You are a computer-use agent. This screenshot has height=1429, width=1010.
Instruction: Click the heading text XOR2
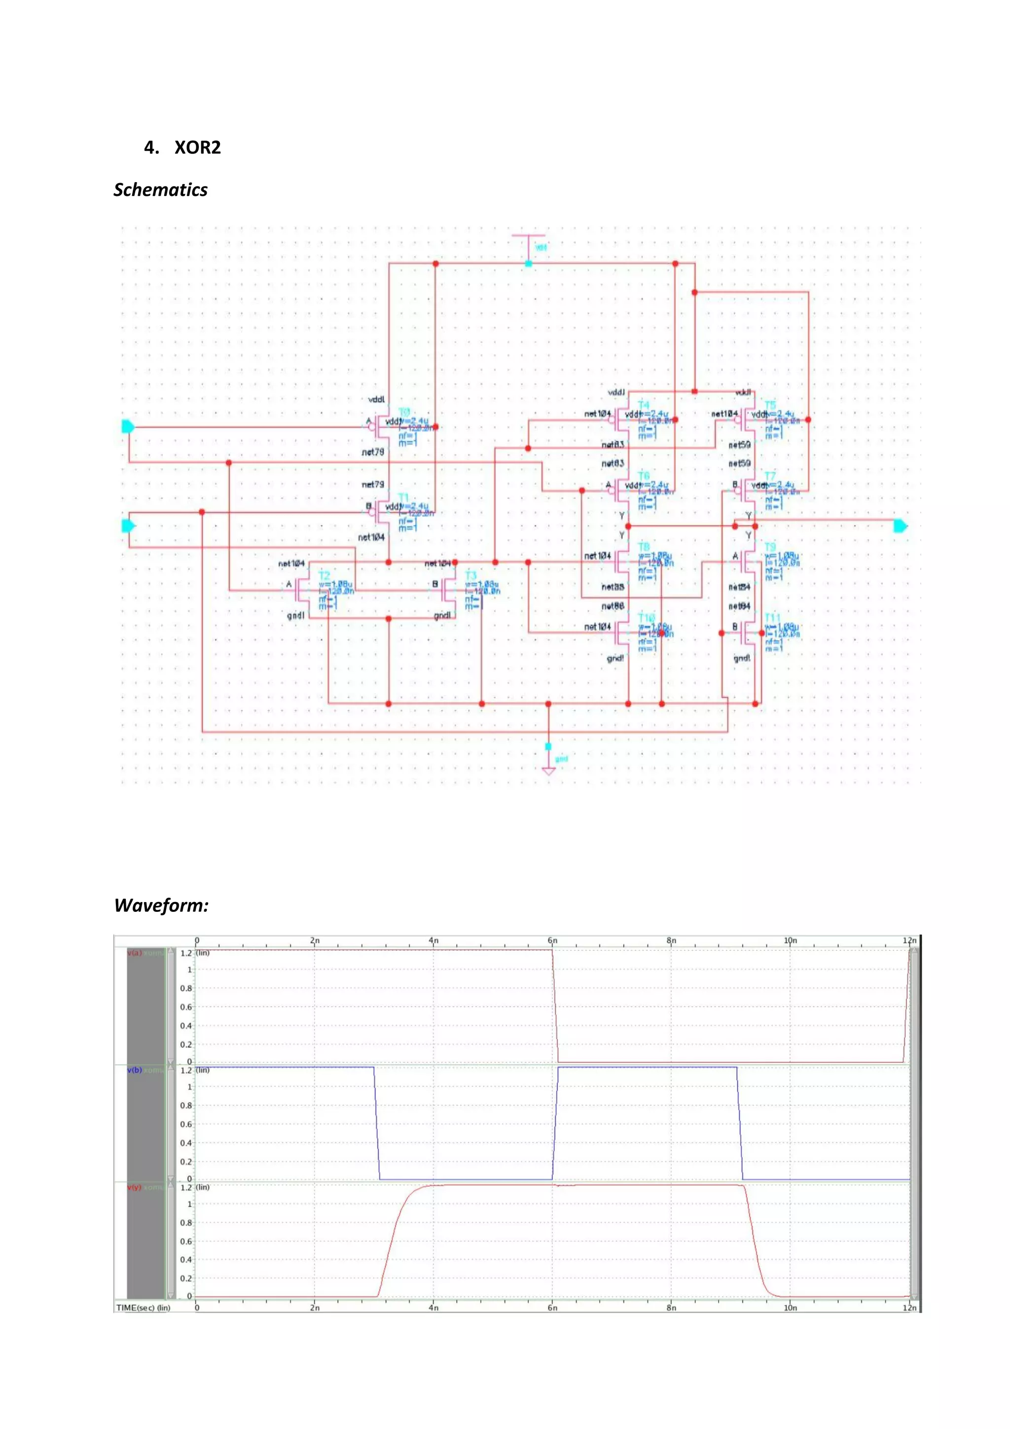pyautogui.click(x=197, y=148)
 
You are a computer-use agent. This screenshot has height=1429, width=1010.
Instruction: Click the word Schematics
pyautogui.click(x=160, y=190)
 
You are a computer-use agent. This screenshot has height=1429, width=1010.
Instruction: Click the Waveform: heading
pyautogui.click(x=161, y=905)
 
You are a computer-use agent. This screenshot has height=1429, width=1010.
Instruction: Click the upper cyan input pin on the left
pyautogui.click(x=128, y=426)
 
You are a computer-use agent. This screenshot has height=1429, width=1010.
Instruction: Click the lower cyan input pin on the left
pyautogui.click(x=128, y=526)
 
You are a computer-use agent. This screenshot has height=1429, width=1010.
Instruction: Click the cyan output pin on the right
pyautogui.click(x=901, y=526)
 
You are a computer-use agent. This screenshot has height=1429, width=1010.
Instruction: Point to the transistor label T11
pyautogui.click(x=772, y=617)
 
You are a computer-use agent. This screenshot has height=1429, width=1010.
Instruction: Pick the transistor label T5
pyautogui.click(x=770, y=405)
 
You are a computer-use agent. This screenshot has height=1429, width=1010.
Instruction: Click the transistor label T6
pyautogui.click(x=644, y=476)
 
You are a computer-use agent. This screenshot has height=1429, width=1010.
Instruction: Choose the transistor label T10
pyautogui.click(x=646, y=617)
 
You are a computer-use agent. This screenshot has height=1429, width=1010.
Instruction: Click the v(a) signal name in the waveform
pyautogui.click(x=134, y=953)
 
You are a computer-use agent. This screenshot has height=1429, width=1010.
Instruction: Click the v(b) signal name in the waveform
pyautogui.click(x=134, y=1070)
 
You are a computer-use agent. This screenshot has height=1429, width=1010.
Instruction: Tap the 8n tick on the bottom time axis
pyautogui.click(x=671, y=1308)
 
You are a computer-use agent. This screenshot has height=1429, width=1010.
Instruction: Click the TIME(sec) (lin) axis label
pyautogui.click(x=143, y=1308)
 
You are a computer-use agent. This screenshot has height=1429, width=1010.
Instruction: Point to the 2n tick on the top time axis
pyautogui.click(x=315, y=940)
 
